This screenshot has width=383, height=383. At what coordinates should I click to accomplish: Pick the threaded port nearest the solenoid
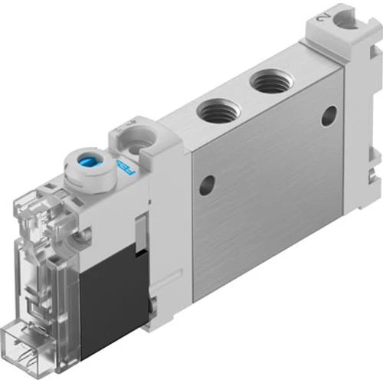[x=218, y=111]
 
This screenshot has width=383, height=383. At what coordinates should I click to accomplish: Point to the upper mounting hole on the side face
[x=328, y=115]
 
